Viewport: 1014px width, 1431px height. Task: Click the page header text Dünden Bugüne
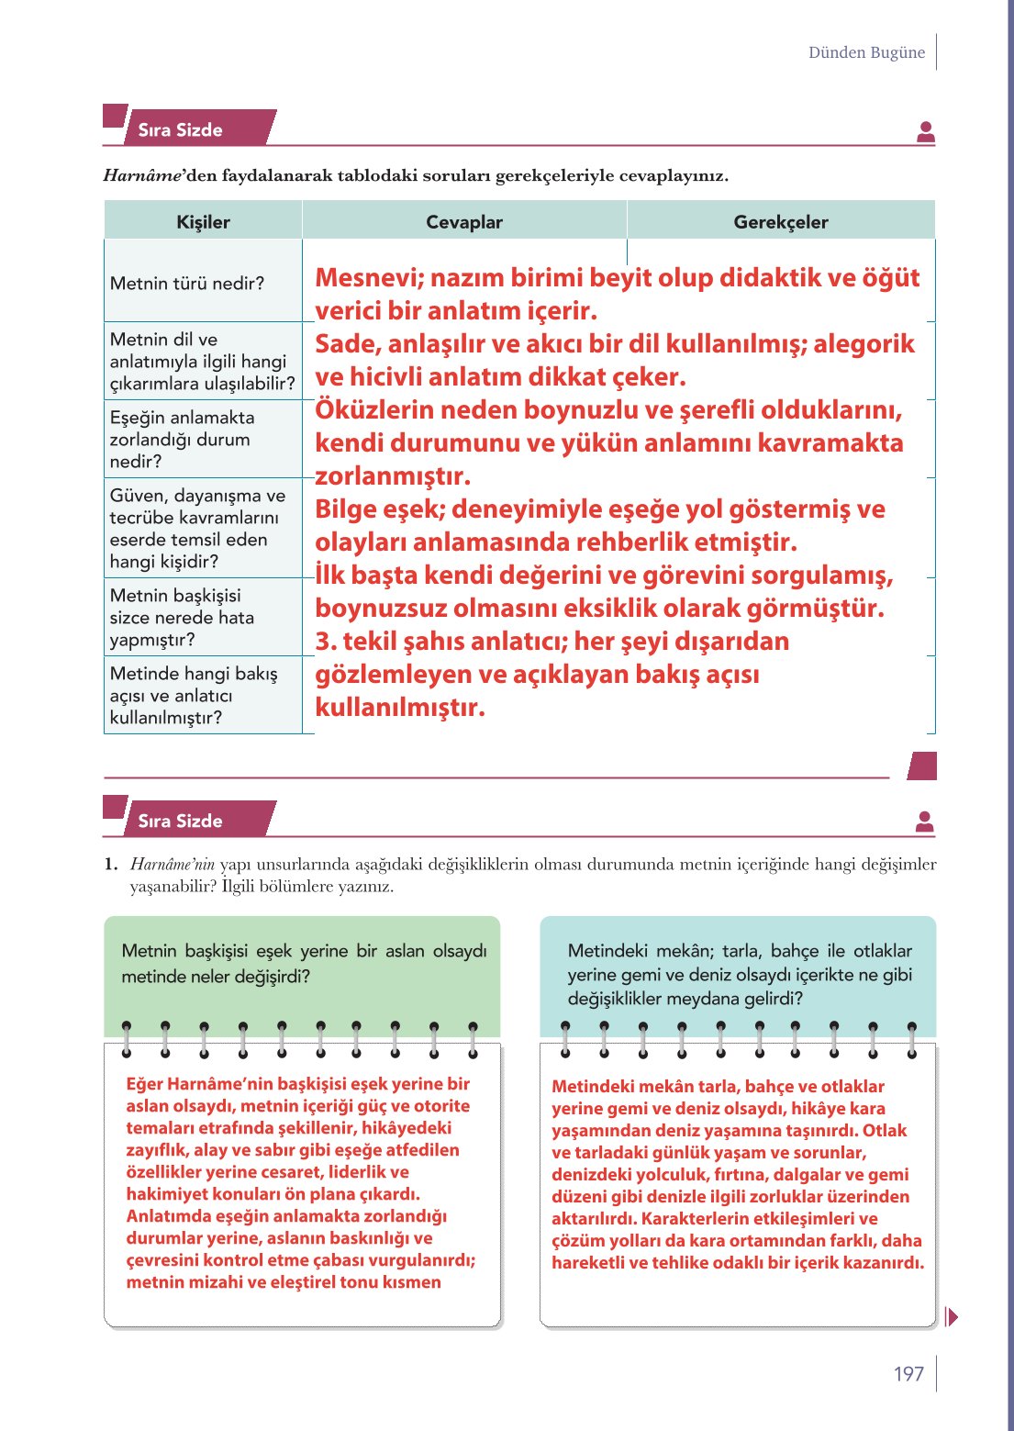pos(866,52)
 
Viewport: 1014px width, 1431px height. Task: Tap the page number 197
pos(908,1373)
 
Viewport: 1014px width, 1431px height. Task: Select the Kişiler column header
pos(203,222)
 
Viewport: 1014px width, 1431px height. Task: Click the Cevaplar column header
pos(464,222)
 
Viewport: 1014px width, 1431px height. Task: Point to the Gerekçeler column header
pos(780,222)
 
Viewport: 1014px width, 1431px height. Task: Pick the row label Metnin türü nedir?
pos(187,284)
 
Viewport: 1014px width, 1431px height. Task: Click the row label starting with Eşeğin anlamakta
pos(182,439)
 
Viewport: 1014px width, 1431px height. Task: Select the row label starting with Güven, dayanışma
pos(197,528)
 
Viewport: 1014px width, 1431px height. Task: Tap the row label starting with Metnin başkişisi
pos(182,617)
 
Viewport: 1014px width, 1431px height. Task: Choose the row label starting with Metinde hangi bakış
pos(194,695)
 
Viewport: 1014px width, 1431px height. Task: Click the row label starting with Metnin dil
pos(202,361)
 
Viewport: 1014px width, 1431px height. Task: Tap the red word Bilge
pos(347,509)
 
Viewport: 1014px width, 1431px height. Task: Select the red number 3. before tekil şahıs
pos(326,642)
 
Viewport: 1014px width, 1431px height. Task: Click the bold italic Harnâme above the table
pos(142,175)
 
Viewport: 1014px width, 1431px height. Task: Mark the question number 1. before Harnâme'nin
pos(111,864)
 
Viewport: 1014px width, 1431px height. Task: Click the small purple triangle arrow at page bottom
pos(952,1317)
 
